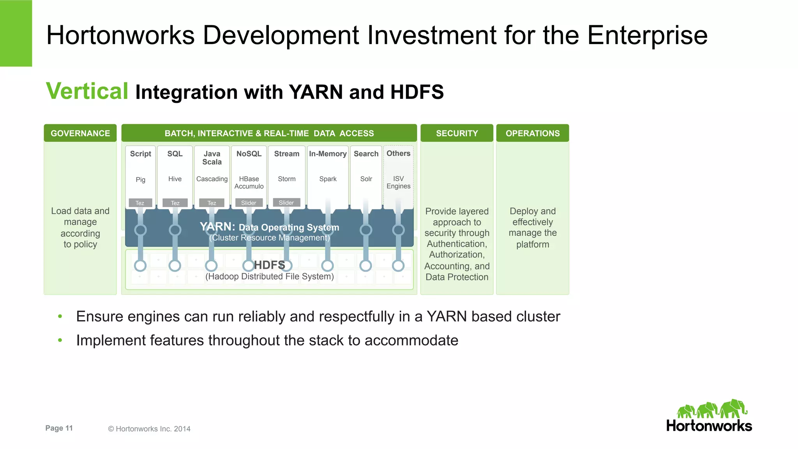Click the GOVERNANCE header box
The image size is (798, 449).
pos(80,133)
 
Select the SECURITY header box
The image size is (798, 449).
pos(457,133)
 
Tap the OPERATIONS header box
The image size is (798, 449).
pos(532,133)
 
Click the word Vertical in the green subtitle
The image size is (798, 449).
pos(87,91)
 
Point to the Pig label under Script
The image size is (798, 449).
pos(140,180)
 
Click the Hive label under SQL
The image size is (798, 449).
pos(175,179)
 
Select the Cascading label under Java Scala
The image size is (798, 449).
pos(212,179)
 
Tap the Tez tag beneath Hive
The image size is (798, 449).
pos(175,203)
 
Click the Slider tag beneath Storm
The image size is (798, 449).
pos(286,202)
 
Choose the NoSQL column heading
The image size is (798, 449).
pos(249,154)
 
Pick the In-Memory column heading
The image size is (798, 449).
pos(328,154)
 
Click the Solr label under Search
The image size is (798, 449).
pos(366,179)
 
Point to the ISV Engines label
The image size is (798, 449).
pos(398,182)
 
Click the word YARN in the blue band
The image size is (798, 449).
pos(217,226)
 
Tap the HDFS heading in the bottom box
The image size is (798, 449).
pos(270,265)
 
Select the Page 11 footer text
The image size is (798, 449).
pos(59,428)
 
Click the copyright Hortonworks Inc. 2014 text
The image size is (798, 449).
pos(149,429)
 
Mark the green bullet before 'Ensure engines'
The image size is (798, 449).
pos(60,316)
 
